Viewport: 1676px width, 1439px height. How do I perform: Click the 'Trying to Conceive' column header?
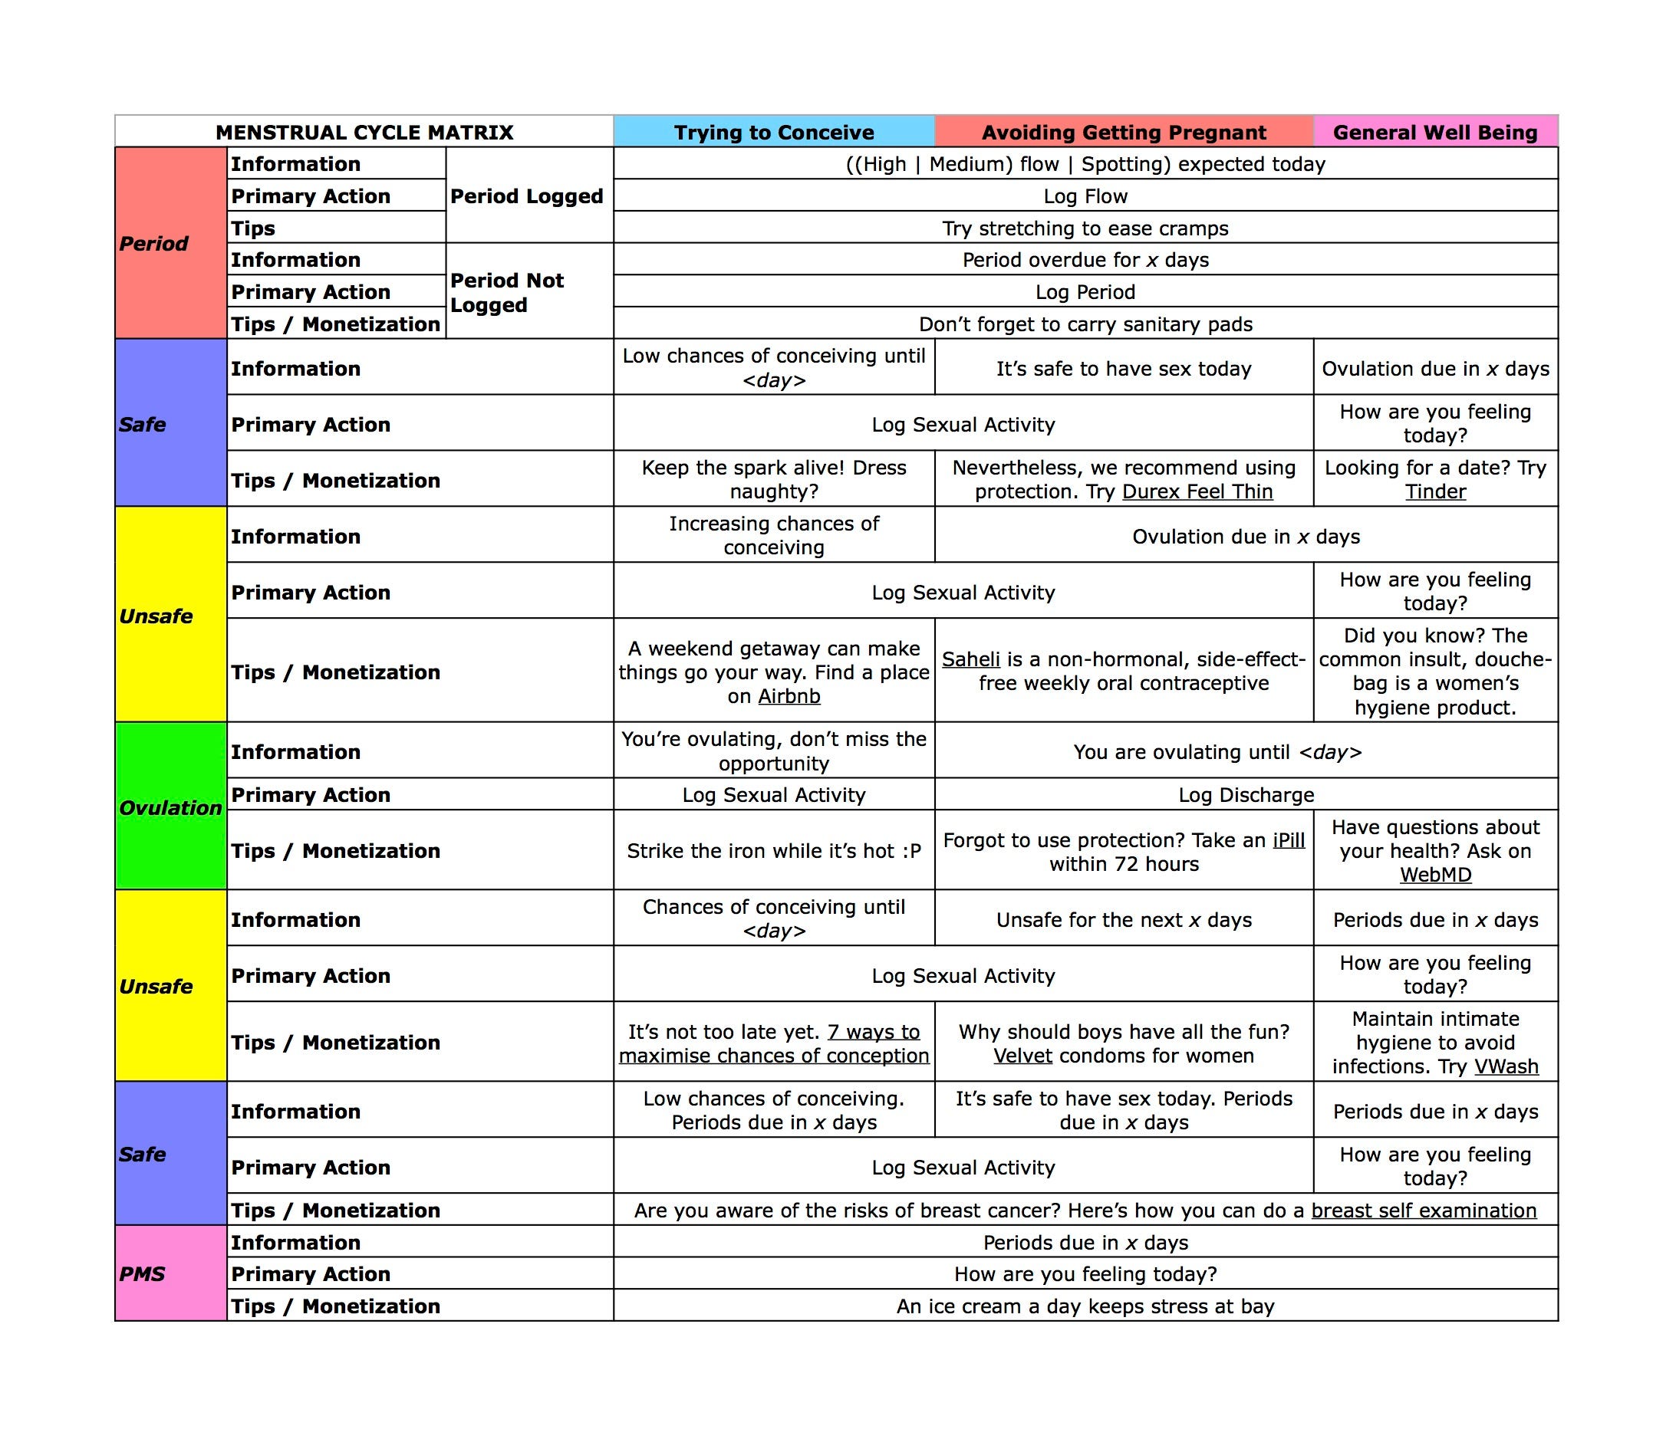point(773,132)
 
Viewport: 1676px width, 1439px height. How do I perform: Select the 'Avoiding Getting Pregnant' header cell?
point(1124,132)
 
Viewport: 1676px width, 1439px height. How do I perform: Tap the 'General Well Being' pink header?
point(1435,132)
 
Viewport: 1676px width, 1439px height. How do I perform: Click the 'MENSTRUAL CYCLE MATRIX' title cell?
point(364,132)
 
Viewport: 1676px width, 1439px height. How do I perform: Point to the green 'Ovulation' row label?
point(170,807)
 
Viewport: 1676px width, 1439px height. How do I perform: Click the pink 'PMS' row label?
point(143,1274)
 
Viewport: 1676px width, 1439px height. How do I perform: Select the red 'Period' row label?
point(153,243)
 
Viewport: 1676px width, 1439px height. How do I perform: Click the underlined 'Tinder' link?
point(1435,491)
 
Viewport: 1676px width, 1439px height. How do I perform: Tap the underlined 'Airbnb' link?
point(789,696)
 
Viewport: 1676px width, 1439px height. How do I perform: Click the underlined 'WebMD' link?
point(1435,875)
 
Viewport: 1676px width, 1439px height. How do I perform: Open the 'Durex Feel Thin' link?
point(1197,491)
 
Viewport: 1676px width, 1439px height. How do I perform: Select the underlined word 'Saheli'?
point(970,659)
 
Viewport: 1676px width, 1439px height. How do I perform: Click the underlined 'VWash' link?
point(1506,1066)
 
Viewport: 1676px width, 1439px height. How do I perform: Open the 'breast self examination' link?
point(1424,1211)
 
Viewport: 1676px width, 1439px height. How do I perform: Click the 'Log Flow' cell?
point(1085,195)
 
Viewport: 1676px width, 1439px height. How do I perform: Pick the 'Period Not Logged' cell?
point(506,292)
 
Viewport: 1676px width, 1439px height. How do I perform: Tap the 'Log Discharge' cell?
point(1246,795)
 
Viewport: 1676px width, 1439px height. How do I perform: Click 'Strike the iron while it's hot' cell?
point(773,850)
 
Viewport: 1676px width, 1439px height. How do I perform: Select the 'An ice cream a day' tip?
point(1085,1306)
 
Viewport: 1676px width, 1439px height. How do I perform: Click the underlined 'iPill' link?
point(1289,840)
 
